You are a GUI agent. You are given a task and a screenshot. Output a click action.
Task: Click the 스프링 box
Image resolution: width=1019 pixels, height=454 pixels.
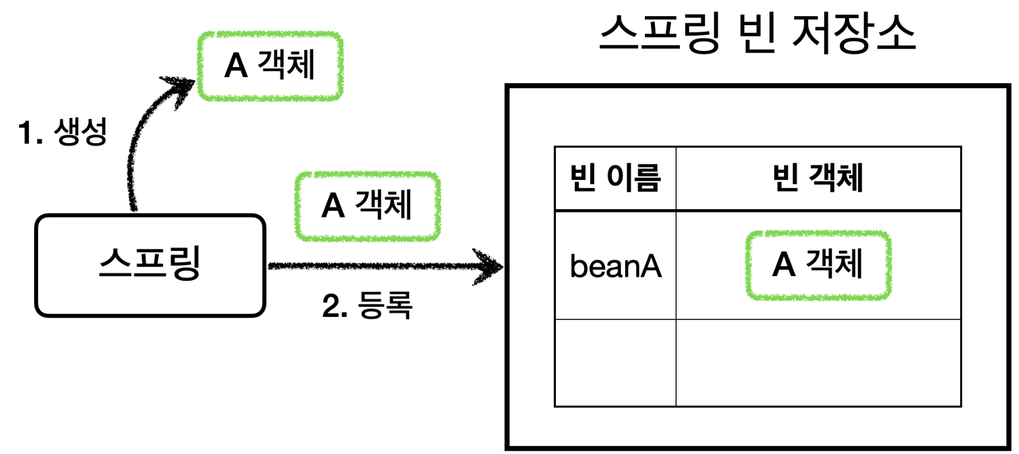(x=150, y=266)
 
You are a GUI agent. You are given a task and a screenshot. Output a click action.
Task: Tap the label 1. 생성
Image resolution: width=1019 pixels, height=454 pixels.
(x=62, y=133)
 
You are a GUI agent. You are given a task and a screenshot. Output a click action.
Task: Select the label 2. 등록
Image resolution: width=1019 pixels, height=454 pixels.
(x=367, y=305)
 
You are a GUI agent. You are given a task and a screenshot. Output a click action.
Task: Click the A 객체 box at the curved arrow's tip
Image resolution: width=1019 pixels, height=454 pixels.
(x=270, y=66)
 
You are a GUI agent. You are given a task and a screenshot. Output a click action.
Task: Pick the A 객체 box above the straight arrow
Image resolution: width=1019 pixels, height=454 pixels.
(x=367, y=206)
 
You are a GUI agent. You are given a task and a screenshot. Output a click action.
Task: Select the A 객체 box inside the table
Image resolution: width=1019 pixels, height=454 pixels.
(x=818, y=265)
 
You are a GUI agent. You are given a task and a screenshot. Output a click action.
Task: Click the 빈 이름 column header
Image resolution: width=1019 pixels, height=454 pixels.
(x=615, y=178)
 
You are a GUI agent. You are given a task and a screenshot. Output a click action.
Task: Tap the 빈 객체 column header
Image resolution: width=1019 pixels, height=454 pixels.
(x=818, y=178)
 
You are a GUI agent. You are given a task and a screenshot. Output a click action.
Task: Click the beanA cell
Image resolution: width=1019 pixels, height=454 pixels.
(x=615, y=266)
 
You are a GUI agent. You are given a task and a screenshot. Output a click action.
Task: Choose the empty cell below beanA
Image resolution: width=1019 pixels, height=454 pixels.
(x=615, y=363)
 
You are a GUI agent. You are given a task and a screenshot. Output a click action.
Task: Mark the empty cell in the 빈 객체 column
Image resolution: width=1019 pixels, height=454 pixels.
(x=818, y=363)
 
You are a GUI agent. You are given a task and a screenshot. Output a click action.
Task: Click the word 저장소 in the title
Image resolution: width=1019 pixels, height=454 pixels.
(x=853, y=34)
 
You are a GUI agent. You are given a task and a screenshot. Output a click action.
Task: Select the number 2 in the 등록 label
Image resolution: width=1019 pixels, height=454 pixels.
(x=331, y=306)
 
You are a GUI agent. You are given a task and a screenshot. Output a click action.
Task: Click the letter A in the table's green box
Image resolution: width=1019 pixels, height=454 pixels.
(x=784, y=265)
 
